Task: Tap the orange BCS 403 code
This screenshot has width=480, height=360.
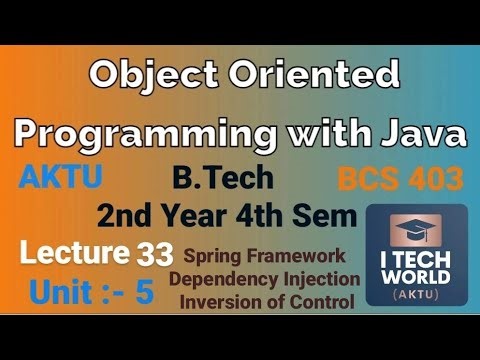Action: [x=400, y=180]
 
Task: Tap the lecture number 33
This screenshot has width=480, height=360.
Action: [x=153, y=254]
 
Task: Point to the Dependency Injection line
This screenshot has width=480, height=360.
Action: [x=264, y=278]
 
